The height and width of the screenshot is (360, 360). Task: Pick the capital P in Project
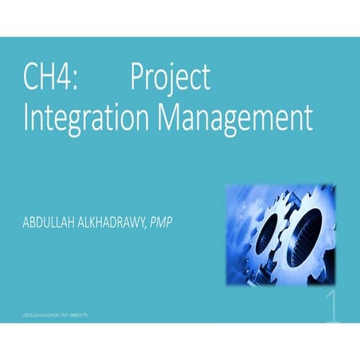point(137,78)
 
